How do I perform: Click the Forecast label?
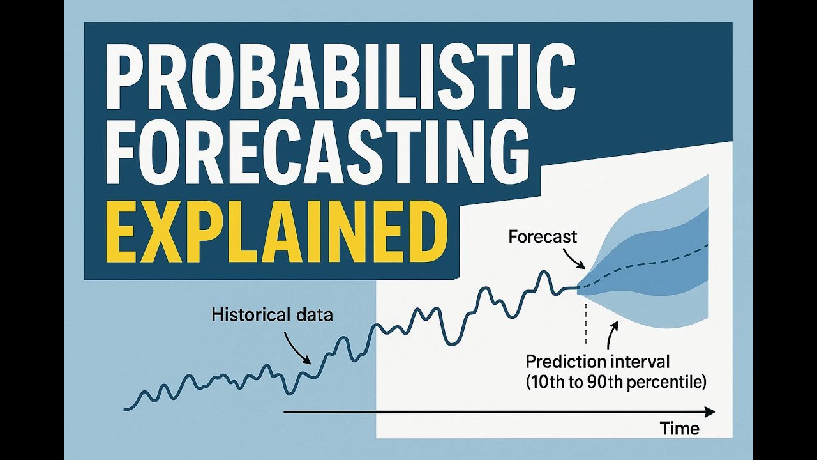pos(543,237)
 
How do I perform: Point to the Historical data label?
pos(272,314)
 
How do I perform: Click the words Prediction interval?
pos(597,362)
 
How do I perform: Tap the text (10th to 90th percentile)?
pos(615,383)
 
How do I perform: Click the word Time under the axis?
pos(679,429)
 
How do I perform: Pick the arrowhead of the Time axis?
pos(710,412)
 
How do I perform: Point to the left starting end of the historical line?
pos(126,409)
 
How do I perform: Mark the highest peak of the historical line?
pos(543,273)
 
